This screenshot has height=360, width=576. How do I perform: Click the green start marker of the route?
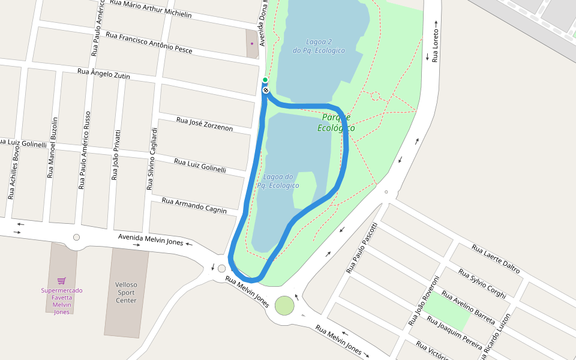[x=265, y=80]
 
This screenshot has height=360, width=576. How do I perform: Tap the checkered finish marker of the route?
[x=266, y=90]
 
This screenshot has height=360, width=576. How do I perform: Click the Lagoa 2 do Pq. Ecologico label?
[x=319, y=46]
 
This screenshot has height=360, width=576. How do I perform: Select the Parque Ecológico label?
[x=336, y=122]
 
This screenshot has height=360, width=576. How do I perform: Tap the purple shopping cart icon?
[x=61, y=280]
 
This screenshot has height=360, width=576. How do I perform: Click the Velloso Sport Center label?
[x=126, y=293]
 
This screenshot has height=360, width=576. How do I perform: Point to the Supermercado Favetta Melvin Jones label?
[x=62, y=301]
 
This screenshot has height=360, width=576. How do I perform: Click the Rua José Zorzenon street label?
[x=205, y=124]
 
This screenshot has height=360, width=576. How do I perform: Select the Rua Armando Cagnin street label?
[x=194, y=205]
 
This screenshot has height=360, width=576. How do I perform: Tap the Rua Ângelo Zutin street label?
[x=104, y=74]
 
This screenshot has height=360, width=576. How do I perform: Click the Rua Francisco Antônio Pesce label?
[x=149, y=43]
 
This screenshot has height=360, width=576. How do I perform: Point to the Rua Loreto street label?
[x=436, y=42]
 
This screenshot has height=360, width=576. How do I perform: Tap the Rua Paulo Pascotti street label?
[x=362, y=248]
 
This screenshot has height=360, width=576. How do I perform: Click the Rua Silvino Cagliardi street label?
[x=152, y=159]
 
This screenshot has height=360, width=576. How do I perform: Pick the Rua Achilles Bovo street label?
[x=14, y=172]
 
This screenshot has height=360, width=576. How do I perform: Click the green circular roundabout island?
[x=284, y=306]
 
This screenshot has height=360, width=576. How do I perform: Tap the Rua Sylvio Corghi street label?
[x=482, y=283]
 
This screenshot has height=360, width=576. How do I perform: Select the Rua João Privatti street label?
[x=116, y=155]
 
